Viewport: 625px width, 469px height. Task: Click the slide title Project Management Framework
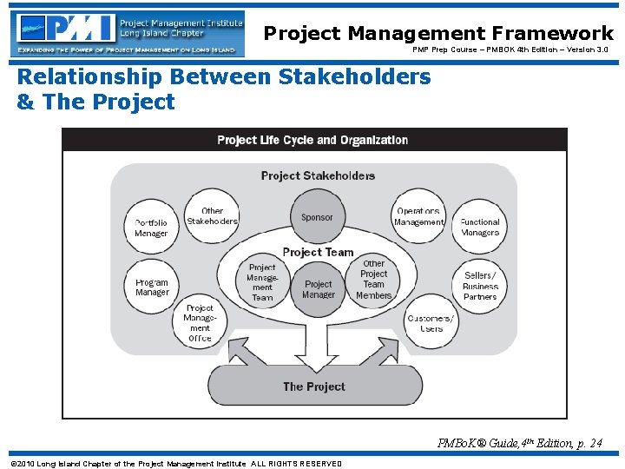(438, 33)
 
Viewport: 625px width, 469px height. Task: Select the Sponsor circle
(317, 217)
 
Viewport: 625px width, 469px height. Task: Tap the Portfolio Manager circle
(151, 228)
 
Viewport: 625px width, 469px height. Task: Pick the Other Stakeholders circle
(212, 215)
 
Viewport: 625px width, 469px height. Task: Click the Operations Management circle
(418, 216)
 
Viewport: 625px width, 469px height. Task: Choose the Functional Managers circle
(480, 227)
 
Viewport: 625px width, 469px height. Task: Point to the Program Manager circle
(152, 287)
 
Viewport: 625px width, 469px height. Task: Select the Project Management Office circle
(200, 323)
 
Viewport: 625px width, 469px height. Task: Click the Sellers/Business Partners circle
(480, 286)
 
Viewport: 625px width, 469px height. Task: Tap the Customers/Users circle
(431, 323)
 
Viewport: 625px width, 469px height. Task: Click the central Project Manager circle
(318, 289)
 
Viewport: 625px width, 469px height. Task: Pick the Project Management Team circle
(262, 282)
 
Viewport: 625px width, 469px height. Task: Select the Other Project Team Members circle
(374, 280)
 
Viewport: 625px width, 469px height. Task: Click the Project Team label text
(318, 252)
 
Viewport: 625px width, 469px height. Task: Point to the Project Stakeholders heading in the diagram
(318, 175)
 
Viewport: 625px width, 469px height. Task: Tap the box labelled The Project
(314, 386)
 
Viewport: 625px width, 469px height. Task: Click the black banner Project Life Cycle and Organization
(313, 140)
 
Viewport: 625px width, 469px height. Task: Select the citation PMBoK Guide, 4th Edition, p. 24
(520, 443)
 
